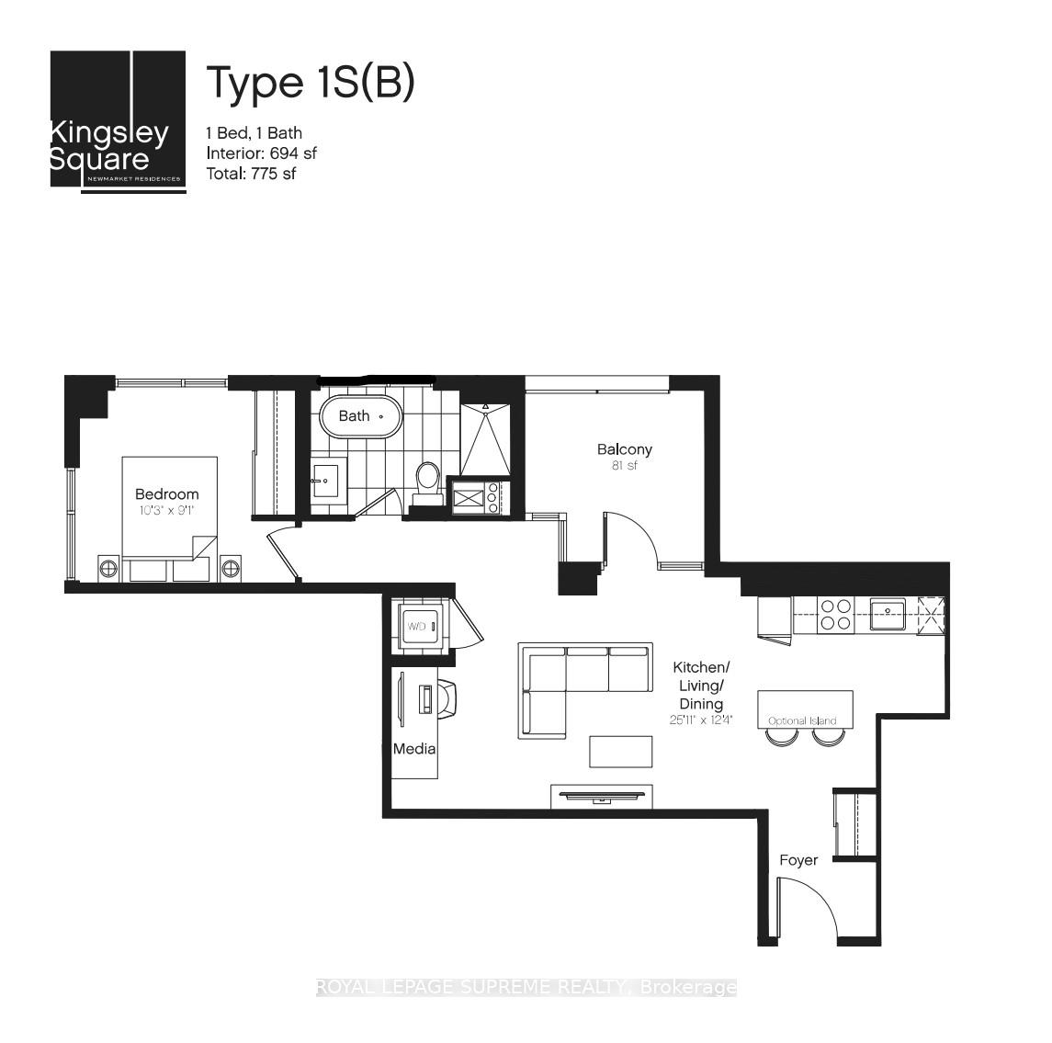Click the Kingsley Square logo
119,119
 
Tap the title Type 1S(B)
310,83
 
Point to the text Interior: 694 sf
262,153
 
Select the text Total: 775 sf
251,174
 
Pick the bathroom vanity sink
325,480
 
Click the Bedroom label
166,494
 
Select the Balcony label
624,449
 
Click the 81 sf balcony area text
624,466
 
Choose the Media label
413,749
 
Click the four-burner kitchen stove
834,614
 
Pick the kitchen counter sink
888,613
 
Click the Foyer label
797,860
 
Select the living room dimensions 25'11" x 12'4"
701,720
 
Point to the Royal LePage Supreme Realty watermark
526,988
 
